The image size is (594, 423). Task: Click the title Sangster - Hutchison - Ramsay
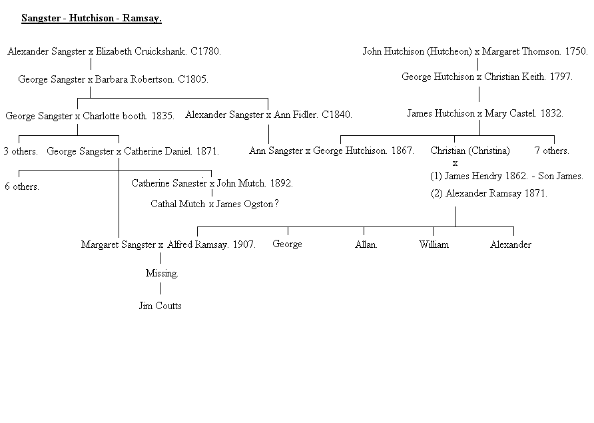pos(91,19)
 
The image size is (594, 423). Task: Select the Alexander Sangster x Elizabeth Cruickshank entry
pos(114,51)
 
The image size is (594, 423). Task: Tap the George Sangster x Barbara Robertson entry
pos(113,79)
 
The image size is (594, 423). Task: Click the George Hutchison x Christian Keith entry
pos(487,77)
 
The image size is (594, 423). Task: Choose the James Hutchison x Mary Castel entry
pos(485,114)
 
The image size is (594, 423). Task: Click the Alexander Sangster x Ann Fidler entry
pos(268,115)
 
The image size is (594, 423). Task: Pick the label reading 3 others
pos(21,151)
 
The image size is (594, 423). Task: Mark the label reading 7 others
pos(551,151)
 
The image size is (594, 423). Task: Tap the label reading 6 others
pos(22,187)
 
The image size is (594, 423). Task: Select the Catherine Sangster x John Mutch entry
pos(212,183)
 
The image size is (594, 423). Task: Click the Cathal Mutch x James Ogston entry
pos(214,205)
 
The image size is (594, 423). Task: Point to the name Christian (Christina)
pos(469,151)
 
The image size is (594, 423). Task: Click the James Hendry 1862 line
pos(506,177)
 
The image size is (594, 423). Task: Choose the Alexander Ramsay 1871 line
pos(489,194)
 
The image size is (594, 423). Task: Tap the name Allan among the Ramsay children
pos(366,244)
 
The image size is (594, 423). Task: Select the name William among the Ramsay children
pos(434,244)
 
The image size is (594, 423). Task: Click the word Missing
pos(162,273)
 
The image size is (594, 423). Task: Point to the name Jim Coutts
pos(160,306)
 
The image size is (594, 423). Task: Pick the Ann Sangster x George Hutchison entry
pos(332,151)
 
